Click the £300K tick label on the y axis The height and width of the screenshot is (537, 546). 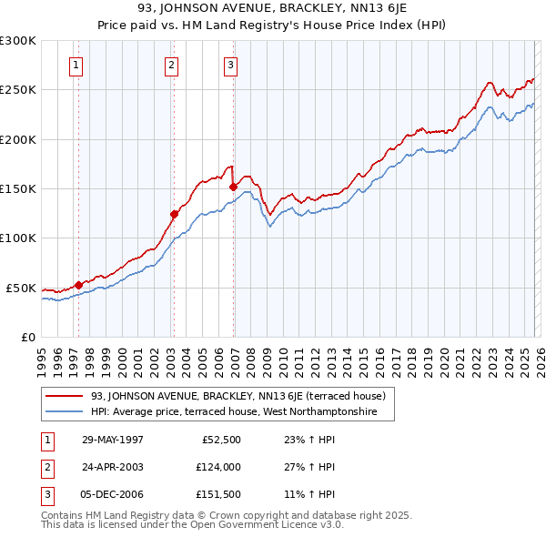pyautogui.click(x=18, y=41)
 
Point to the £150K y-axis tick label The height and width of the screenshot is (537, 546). pyautogui.click(x=18, y=189)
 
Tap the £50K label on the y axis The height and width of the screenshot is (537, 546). pyautogui.click(x=22, y=288)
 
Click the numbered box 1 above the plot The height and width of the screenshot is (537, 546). pyautogui.click(x=76, y=65)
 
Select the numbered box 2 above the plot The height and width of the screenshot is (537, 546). pyautogui.click(x=171, y=65)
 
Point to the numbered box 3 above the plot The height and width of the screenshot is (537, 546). pyautogui.click(x=231, y=65)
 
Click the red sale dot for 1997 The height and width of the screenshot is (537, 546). pyautogui.click(x=78, y=285)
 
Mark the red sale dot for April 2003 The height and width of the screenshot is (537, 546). pyautogui.click(x=174, y=215)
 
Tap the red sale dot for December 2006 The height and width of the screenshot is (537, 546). pyautogui.click(x=233, y=187)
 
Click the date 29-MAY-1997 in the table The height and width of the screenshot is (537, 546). pyautogui.click(x=113, y=440)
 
